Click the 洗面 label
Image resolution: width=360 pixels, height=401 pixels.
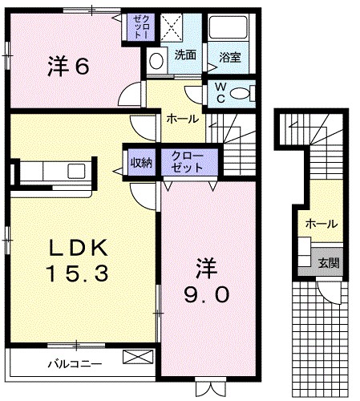[x=186, y=56]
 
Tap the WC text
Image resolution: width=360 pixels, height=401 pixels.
[x=218, y=94]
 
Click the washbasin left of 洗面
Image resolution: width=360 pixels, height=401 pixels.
[x=156, y=61]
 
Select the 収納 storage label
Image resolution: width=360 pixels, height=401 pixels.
[x=142, y=163]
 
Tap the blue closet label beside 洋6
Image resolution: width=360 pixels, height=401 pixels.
[x=142, y=28]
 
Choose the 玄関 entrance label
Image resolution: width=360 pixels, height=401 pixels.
[x=328, y=263]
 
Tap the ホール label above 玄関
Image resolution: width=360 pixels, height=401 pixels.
[x=321, y=225]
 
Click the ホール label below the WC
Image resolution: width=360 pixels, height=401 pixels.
[x=181, y=119]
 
